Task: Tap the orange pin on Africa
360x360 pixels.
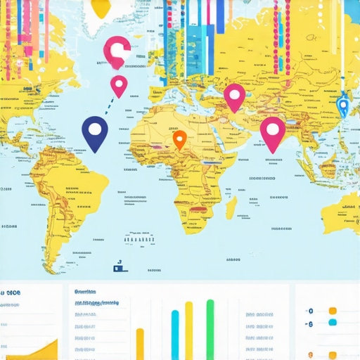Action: pyautogui.click(x=179, y=138)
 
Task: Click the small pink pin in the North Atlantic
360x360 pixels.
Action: pyautogui.click(x=119, y=84)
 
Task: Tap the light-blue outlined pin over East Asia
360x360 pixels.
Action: pyautogui.click(x=342, y=105)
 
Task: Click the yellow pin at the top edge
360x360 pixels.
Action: pyautogui.click(x=103, y=7)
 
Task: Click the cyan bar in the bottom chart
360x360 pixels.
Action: pyautogui.click(x=175, y=335)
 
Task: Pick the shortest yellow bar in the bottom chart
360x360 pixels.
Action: pyautogui.click(x=139, y=344)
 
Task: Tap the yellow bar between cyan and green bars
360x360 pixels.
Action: pyautogui.click(x=188, y=330)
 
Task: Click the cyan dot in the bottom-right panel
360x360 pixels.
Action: pyautogui.click(x=333, y=322)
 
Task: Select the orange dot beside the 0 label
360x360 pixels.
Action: pyautogui.click(x=333, y=310)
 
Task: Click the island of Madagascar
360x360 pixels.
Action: pyautogui.click(x=230, y=207)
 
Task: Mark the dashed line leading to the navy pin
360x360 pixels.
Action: pyautogui.click(x=108, y=105)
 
